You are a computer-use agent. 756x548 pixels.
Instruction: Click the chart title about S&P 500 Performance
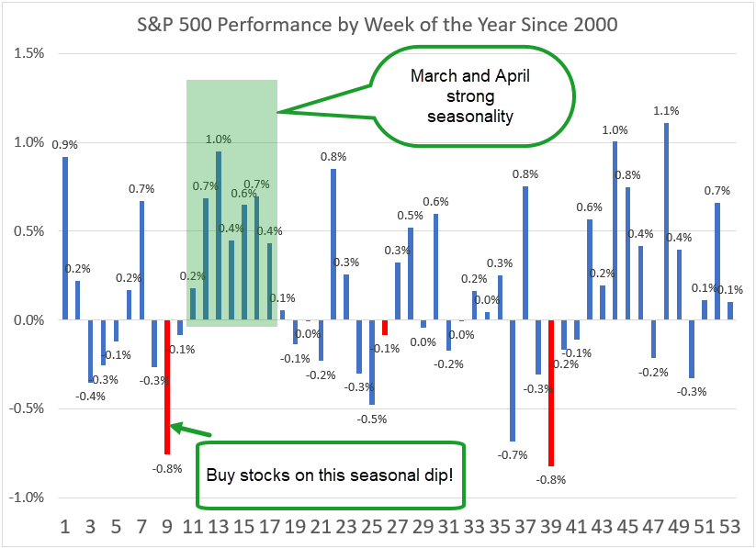click(378, 24)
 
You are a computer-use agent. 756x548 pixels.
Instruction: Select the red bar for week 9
click(167, 386)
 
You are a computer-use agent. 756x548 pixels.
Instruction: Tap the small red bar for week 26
click(385, 327)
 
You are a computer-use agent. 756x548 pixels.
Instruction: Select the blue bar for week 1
click(65, 239)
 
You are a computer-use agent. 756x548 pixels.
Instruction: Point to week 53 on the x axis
click(729, 528)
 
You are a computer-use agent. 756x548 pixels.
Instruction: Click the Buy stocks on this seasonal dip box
click(329, 475)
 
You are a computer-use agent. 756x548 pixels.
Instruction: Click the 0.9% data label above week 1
click(64, 144)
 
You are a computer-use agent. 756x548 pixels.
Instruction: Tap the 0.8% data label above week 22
click(333, 156)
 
